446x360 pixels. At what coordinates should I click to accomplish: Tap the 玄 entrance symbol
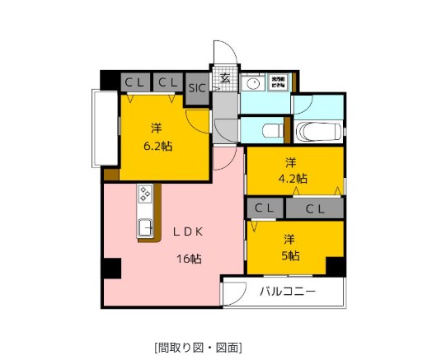click(224, 79)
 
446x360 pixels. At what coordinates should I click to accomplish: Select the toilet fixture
click(270, 130)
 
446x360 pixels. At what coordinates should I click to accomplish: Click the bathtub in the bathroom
click(317, 130)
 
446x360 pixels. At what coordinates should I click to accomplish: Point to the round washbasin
click(253, 83)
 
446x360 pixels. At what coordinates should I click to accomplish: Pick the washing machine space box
click(279, 83)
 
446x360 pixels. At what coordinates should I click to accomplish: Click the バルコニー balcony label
click(288, 291)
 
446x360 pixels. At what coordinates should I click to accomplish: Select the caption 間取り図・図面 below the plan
click(197, 347)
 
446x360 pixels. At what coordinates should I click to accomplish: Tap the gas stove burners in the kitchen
click(145, 194)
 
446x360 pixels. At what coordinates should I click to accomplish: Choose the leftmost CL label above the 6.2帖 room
click(134, 82)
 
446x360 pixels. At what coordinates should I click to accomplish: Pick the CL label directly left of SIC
click(168, 82)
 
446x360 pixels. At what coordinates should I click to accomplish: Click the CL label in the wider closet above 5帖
click(316, 209)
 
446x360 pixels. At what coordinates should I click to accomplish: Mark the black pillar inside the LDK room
click(110, 269)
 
